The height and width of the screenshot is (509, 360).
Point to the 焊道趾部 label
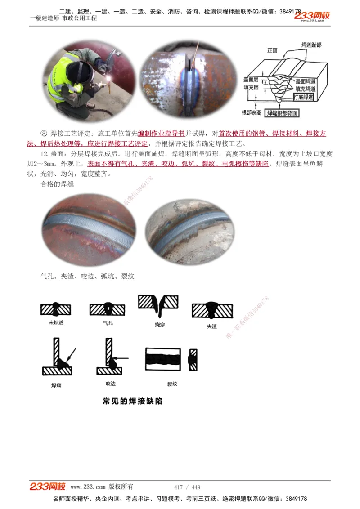(x=311, y=45)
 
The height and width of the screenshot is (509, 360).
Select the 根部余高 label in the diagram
(x=251, y=112)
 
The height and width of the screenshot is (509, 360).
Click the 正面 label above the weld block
(x=273, y=51)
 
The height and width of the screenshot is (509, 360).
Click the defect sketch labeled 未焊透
(x=56, y=309)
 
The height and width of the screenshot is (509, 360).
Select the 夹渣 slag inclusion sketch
(x=212, y=310)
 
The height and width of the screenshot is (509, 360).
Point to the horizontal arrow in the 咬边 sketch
(x=122, y=358)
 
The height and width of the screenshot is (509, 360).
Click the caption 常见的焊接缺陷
(x=132, y=401)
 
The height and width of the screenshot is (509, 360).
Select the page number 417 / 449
(x=187, y=487)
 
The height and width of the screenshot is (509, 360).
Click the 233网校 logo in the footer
(x=48, y=487)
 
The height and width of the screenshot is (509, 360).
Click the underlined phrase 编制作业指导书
(x=161, y=134)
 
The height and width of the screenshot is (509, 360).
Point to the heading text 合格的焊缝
(x=57, y=184)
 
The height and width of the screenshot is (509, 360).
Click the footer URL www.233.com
(x=88, y=487)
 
